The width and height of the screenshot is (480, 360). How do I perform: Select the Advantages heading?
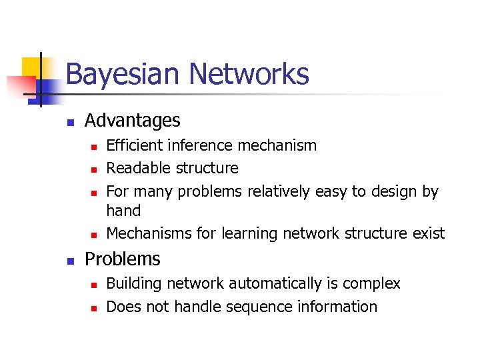[x=133, y=121]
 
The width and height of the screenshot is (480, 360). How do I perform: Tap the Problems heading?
[x=123, y=259]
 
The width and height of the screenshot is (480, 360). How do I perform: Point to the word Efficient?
[x=135, y=145]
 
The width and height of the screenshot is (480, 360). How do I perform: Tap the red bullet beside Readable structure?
[x=94, y=169]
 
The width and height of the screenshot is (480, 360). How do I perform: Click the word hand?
[x=123, y=211]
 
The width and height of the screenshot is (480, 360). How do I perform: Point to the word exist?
[x=429, y=233]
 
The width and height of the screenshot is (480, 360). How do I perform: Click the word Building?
[x=134, y=283]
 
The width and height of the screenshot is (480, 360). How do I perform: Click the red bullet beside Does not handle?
[x=94, y=308]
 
